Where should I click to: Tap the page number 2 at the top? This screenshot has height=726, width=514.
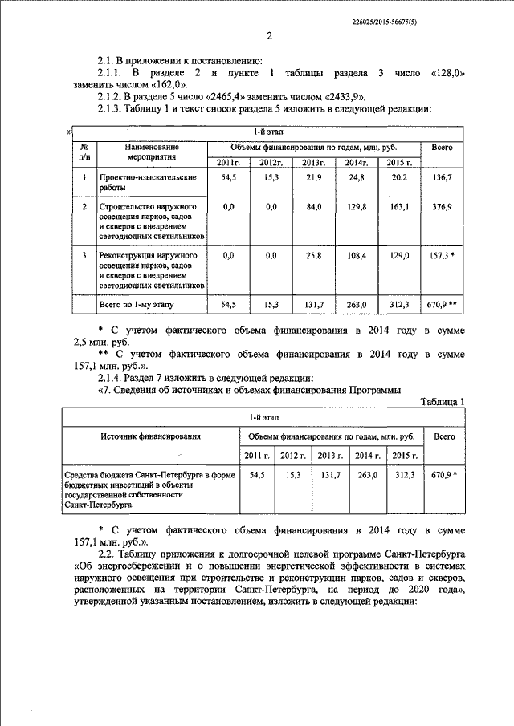pyautogui.click(x=269, y=36)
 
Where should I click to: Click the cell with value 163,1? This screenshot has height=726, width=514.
pyautogui.click(x=398, y=207)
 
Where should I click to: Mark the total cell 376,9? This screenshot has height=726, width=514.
pyautogui.click(x=443, y=207)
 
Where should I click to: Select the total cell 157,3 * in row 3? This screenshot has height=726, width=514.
pyautogui.click(x=443, y=255)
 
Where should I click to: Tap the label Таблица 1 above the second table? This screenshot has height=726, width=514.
pyautogui.click(x=443, y=402)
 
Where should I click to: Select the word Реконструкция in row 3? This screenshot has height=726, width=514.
pyautogui.click(x=131, y=255)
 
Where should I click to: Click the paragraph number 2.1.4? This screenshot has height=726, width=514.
pyautogui.click(x=112, y=377)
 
